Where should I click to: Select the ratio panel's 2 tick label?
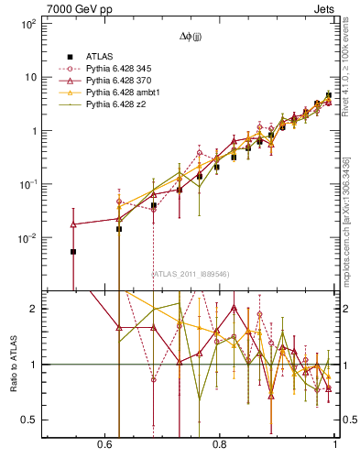tap(33, 309)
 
